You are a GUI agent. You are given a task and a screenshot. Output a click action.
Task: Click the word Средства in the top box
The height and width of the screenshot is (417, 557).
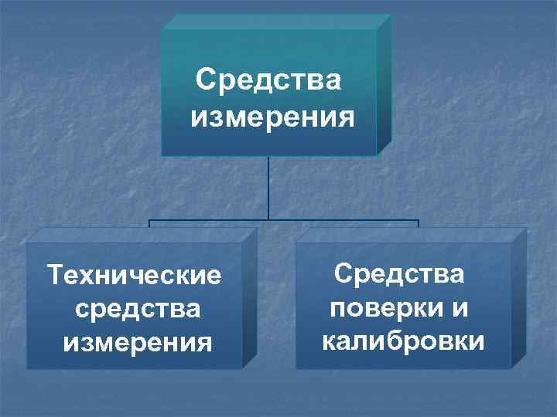[x=268, y=80]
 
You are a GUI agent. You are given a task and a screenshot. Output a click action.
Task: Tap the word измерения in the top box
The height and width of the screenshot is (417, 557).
[x=272, y=118]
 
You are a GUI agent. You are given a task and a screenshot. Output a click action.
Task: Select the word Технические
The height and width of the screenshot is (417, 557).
[x=134, y=275]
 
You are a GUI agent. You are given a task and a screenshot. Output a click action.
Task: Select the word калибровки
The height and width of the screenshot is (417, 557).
[x=402, y=341]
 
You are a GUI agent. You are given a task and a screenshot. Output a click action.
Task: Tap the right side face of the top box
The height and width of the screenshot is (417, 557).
[x=384, y=85]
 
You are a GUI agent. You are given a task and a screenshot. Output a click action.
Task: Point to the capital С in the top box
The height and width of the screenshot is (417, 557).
[x=204, y=80]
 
